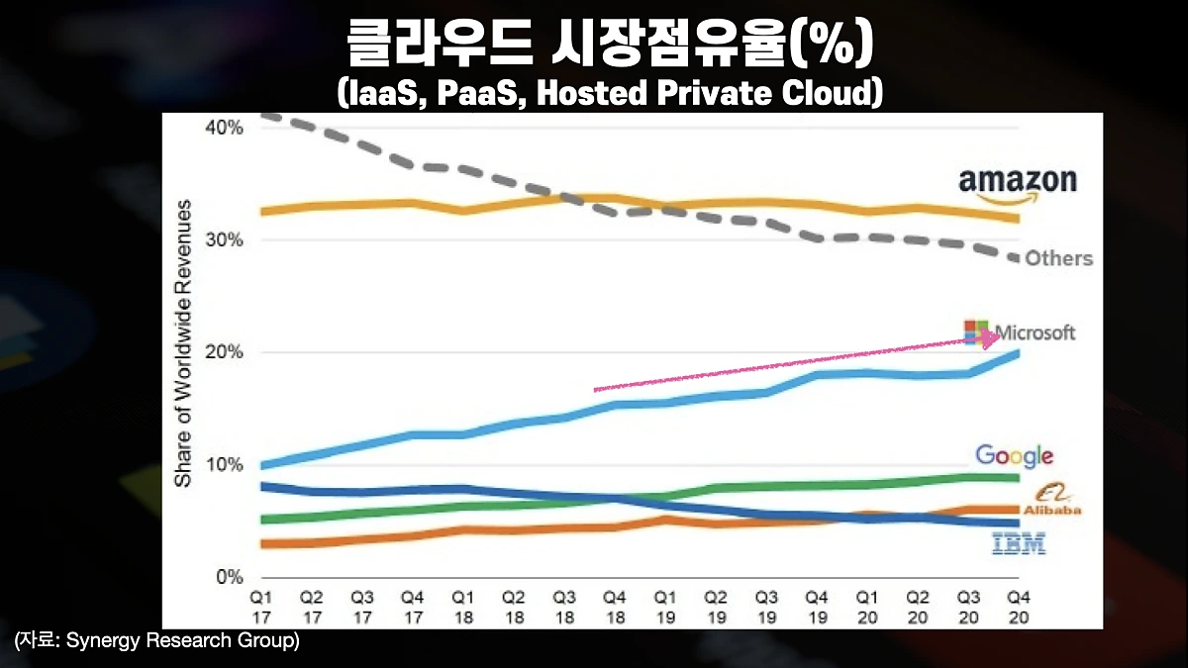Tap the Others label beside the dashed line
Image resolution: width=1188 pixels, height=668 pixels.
click(1058, 258)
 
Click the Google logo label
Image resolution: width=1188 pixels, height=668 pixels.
click(1014, 455)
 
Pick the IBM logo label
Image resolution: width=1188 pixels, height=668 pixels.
click(1018, 542)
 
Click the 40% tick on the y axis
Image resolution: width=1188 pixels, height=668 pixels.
click(224, 128)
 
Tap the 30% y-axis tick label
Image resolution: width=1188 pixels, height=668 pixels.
click(224, 240)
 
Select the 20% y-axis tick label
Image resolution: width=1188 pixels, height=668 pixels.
click(224, 353)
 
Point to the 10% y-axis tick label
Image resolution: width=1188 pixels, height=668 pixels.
click(224, 465)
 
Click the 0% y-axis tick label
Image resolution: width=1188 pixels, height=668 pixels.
click(229, 577)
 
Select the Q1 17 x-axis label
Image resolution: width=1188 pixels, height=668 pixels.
click(260, 606)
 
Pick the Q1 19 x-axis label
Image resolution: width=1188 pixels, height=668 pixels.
click(665, 606)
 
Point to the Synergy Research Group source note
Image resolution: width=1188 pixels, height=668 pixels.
click(156, 640)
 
